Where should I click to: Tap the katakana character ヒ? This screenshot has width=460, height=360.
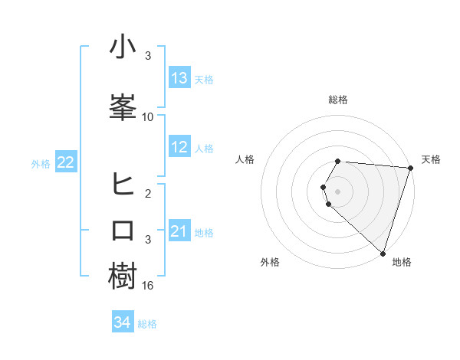[123, 184]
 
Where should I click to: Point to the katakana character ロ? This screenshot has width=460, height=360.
[123, 230]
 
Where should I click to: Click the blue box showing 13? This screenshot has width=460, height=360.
[179, 78]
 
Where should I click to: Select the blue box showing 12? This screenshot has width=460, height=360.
[179, 147]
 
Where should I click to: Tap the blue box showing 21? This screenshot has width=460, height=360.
[179, 231]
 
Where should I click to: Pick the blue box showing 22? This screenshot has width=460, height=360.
[66, 162]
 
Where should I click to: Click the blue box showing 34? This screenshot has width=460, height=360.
[122, 323]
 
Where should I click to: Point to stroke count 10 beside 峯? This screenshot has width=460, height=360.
[148, 116]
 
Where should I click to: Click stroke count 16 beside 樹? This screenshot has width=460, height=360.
[148, 285]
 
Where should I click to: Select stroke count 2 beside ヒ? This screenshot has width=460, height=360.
[148, 194]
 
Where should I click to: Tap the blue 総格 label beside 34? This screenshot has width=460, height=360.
[147, 324]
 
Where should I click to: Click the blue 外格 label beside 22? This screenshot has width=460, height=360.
[41, 163]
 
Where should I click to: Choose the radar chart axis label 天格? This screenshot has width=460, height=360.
[431, 159]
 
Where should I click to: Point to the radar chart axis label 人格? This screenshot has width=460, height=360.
[245, 159]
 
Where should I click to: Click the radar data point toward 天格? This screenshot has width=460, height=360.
[410, 168]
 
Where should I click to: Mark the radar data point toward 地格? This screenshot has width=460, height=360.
[383, 253]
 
